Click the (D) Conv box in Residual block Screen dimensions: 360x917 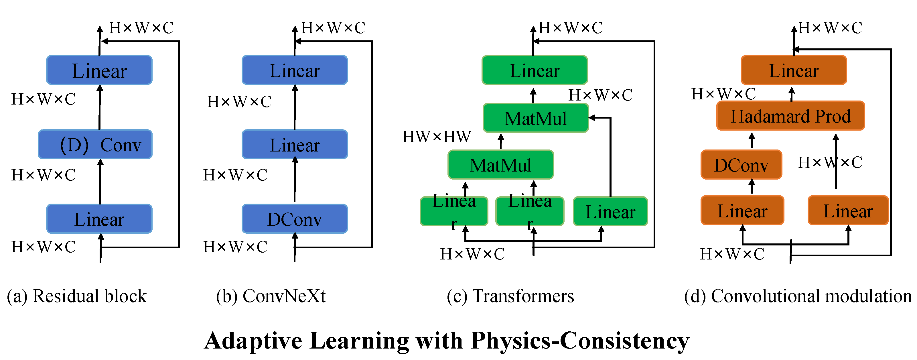[95, 144]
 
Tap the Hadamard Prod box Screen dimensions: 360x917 [790, 116]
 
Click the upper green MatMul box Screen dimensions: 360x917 [535, 118]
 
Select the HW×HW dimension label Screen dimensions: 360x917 [436, 137]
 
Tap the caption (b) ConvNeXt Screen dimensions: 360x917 [271, 296]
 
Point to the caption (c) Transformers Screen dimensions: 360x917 [510, 296]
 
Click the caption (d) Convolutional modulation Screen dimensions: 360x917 [797, 296]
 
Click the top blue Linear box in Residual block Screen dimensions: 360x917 [99, 70]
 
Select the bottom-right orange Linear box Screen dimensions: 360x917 [848, 211]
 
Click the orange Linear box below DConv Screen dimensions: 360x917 [742, 211]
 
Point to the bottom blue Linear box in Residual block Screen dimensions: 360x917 [99, 219]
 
